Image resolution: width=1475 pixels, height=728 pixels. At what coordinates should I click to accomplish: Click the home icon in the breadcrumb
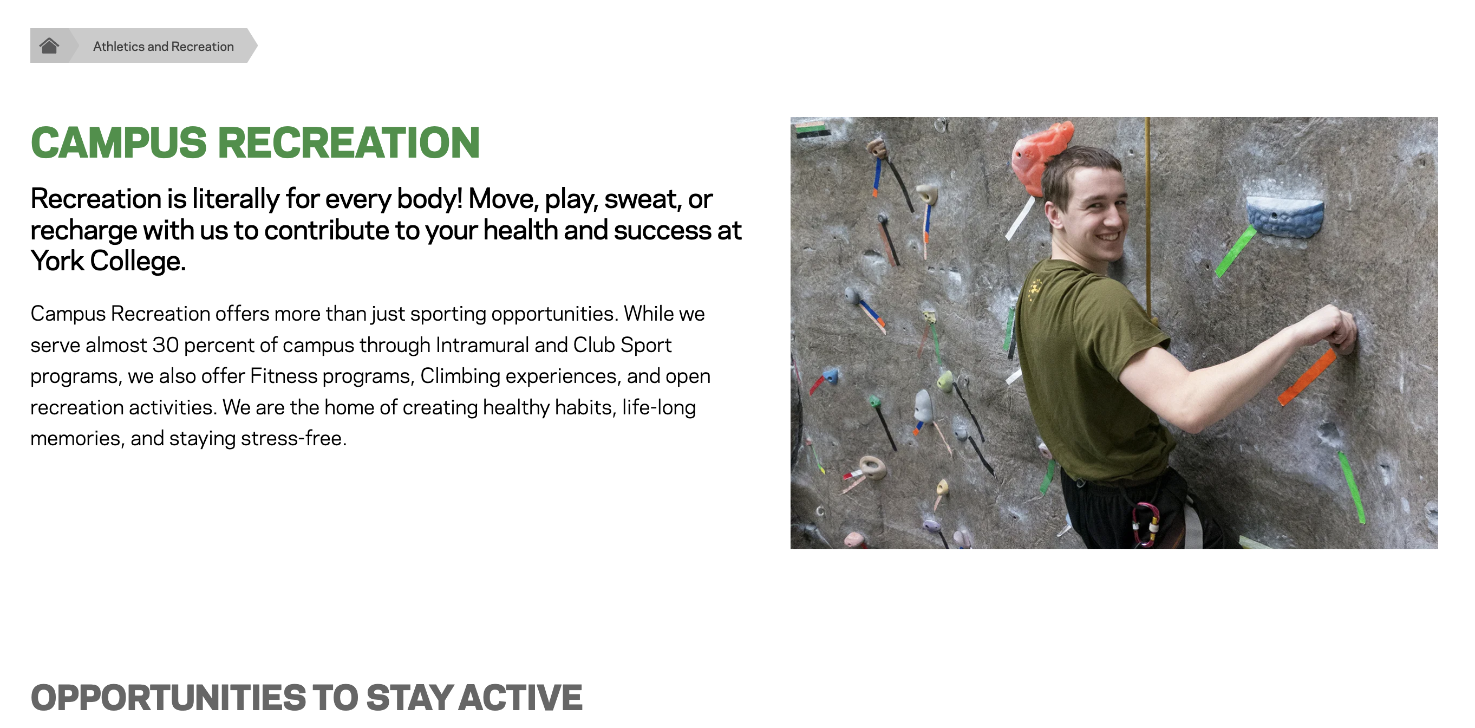[x=49, y=46]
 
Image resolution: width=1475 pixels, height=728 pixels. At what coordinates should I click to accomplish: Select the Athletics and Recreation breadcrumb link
[x=163, y=47]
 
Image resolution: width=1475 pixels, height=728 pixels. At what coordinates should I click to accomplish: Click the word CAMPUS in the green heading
[x=119, y=142]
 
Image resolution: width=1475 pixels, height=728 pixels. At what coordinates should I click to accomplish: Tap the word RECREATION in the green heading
[x=349, y=142]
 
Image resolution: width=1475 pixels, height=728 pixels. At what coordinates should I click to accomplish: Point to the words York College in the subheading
[x=108, y=261]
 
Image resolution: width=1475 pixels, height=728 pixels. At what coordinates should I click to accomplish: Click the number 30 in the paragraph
[x=166, y=345]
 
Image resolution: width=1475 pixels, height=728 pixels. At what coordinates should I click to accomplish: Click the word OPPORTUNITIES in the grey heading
[x=167, y=697]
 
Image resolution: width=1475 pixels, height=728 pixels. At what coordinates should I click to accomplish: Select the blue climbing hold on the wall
[x=1284, y=217]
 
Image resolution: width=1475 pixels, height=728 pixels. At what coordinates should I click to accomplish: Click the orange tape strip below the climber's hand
[x=1307, y=377]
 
